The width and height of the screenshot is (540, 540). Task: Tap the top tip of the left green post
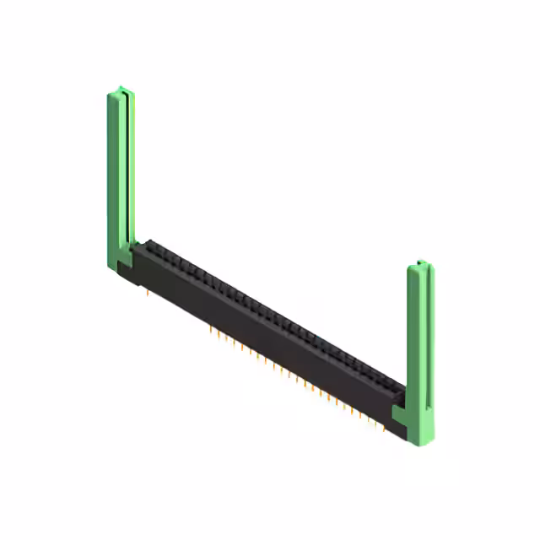pyautogui.click(x=120, y=89)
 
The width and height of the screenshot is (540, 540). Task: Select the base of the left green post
pyautogui.click(x=118, y=262)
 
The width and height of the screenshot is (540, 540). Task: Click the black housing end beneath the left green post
pyautogui.click(x=130, y=272)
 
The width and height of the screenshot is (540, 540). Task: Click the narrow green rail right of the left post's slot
pyautogui.click(x=132, y=169)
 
